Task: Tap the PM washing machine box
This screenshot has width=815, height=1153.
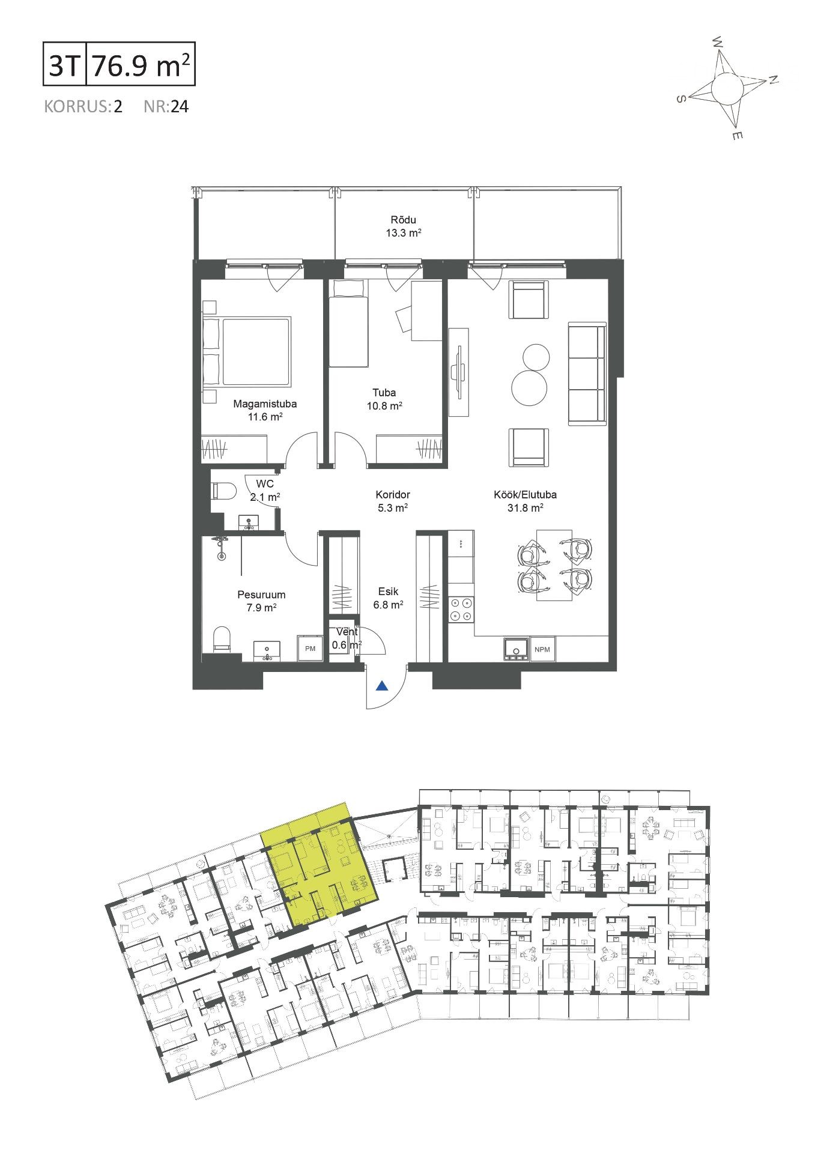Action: pyautogui.click(x=310, y=649)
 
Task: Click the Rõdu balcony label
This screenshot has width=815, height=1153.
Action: pyautogui.click(x=402, y=220)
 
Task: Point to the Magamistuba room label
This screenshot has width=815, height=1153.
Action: pyautogui.click(x=265, y=404)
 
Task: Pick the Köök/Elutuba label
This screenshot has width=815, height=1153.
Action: pyautogui.click(x=525, y=495)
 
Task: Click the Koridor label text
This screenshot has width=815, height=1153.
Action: pyautogui.click(x=392, y=495)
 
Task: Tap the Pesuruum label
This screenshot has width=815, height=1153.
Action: pyautogui.click(x=261, y=595)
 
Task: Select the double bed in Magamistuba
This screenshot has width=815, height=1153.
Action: pyautogui.click(x=247, y=351)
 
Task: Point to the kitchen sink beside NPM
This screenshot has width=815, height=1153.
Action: pyautogui.click(x=516, y=649)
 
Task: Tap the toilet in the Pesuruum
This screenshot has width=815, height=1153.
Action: pyautogui.click(x=222, y=639)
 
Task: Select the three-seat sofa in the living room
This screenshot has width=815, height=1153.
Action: pyautogui.click(x=587, y=374)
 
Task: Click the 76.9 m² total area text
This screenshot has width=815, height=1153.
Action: pyautogui.click(x=142, y=66)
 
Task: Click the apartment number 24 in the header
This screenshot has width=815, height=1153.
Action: pyautogui.click(x=180, y=107)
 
